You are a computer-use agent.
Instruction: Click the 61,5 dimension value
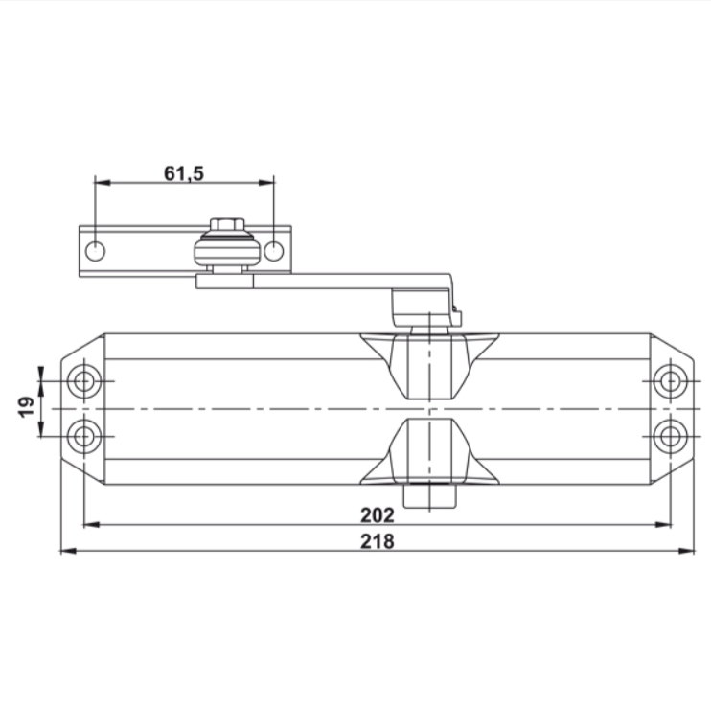(184, 173)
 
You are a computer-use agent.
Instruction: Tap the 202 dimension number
(378, 514)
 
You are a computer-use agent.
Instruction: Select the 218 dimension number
(378, 541)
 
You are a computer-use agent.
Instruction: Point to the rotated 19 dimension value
(26, 406)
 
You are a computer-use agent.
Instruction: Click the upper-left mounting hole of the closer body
(84, 381)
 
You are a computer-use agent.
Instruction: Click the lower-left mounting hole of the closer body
(84, 437)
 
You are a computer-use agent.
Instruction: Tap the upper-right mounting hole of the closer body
(671, 381)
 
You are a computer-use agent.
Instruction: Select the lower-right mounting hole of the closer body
(671, 437)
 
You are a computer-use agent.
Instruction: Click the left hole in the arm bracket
(95, 252)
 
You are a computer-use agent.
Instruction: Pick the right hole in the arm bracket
(273, 252)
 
